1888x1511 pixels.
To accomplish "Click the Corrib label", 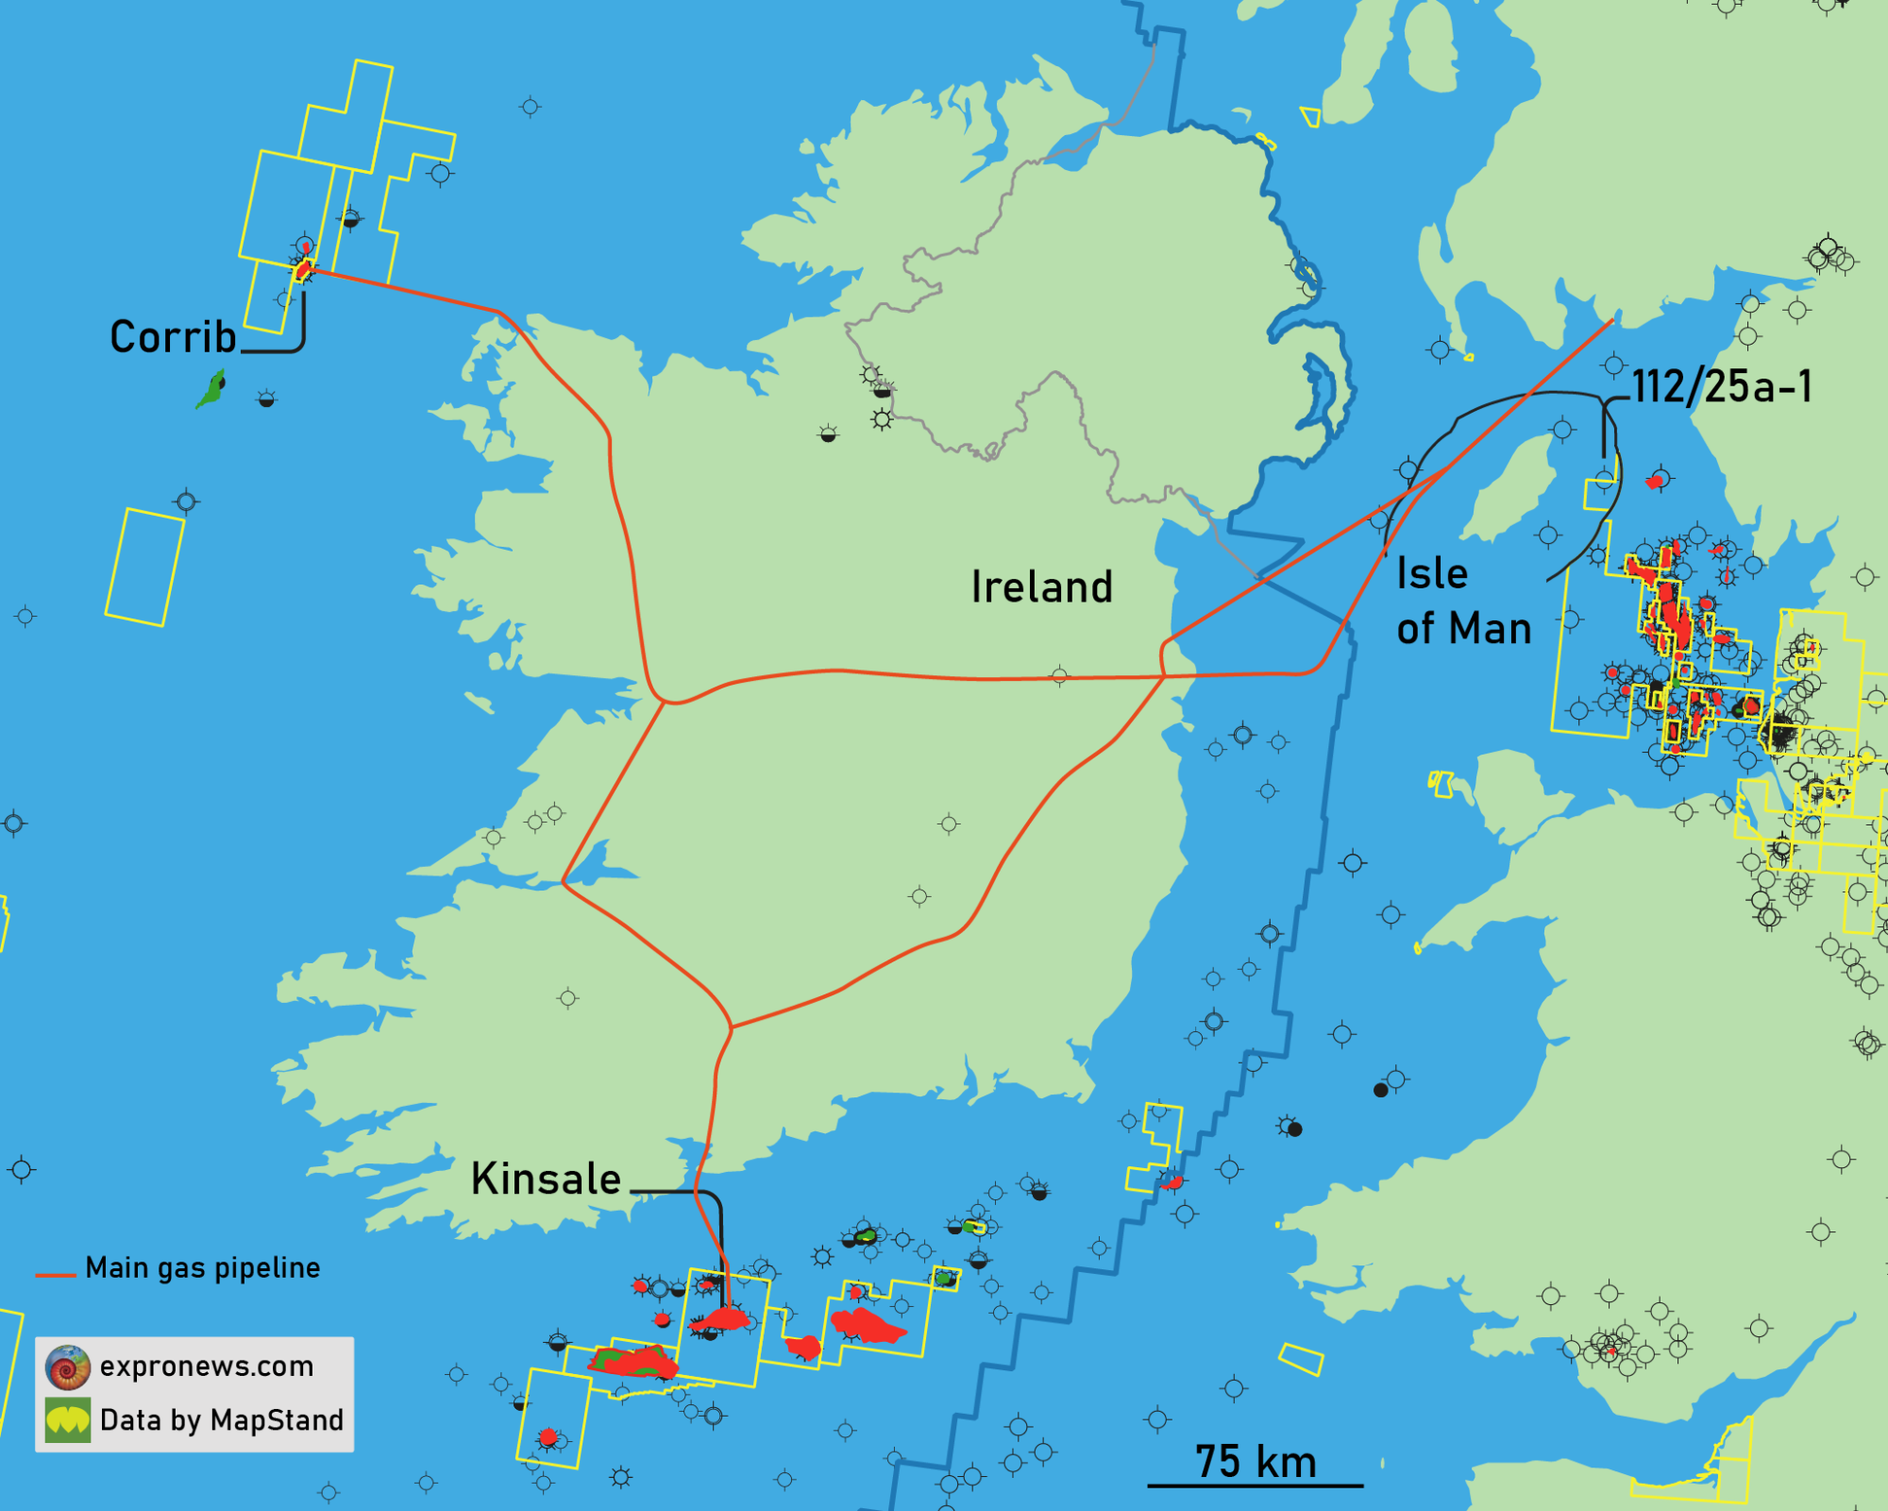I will pos(173,337).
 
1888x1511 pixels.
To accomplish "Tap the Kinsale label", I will pos(546,1179).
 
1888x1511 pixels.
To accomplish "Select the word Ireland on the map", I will pos(1042,586).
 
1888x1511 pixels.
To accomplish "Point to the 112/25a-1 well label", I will pos(1722,386).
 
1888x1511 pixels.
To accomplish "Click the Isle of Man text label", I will pos(1462,601).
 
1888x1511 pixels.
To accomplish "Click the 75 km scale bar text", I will pos(1255,1461).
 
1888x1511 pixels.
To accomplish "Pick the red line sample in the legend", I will pos(55,1275).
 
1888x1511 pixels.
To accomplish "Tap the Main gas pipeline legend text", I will pos(202,1267).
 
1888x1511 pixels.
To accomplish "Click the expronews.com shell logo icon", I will pos(68,1367).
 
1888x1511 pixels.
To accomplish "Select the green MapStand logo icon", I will pos(68,1420).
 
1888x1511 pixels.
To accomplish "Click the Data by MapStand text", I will pos(221,1420).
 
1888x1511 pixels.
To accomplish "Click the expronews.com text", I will pos(206,1366).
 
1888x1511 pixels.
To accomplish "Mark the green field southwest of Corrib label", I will pos(211,389).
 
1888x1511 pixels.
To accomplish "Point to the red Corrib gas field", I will pos(302,270).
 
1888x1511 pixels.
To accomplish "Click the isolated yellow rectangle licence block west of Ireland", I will pos(144,567).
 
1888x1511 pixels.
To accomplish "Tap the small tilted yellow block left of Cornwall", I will pos(1301,1359).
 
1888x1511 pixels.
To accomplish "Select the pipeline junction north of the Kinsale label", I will pos(732,1027).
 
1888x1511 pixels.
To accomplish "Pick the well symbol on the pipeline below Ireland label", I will pos(1059,675).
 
